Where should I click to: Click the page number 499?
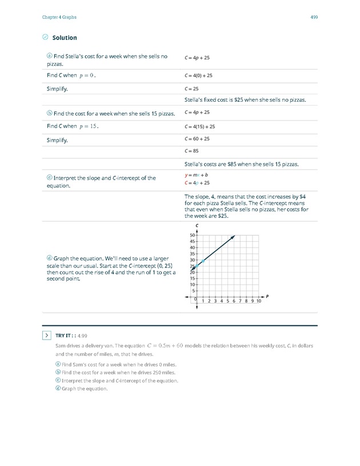pyautogui.click(x=314, y=17)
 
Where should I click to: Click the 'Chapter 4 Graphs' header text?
pyautogui.click(x=59, y=17)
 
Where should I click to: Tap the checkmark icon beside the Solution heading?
pyautogui.click(x=46, y=37)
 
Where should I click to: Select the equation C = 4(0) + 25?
pyautogui.click(x=198, y=75)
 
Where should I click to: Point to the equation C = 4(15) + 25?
pyautogui.click(x=199, y=126)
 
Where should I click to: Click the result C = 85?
pyautogui.click(x=191, y=151)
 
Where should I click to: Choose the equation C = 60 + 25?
pyautogui.click(x=197, y=139)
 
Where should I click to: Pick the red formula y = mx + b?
pyautogui.click(x=196, y=176)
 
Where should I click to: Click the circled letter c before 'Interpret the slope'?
pyautogui.click(x=49, y=178)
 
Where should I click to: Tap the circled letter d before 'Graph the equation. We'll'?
pyautogui.click(x=49, y=259)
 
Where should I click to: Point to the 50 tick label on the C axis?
pyautogui.click(x=193, y=235)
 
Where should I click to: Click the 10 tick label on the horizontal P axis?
pyautogui.click(x=259, y=301)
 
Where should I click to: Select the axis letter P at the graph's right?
pyautogui.click(x=267, y=296)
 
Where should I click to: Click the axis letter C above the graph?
pyautogui.click(x=197, y=225)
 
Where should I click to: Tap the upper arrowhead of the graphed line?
pyautogui.click(x=234, y=237)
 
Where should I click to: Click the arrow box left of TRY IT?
pyautogui.click(x=46, y=336)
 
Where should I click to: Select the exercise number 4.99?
pyautogui.click(x=82, y=336)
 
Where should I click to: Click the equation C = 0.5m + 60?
pyautogui.click(x=165, y=345)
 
